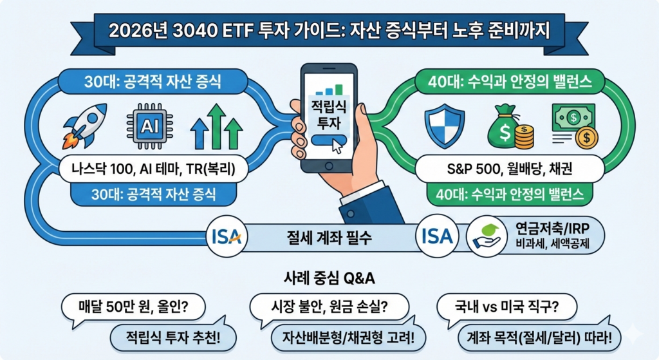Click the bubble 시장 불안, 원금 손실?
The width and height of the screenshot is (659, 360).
pyautogui.click(x=329, y=306)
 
